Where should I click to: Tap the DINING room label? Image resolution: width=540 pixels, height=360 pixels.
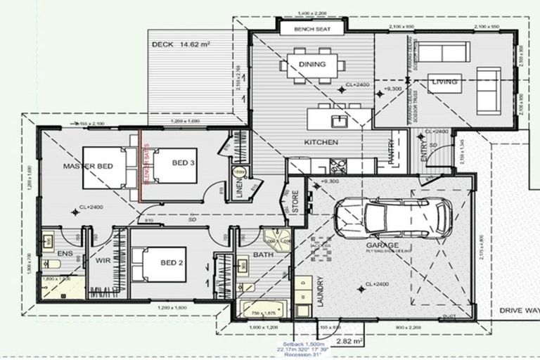[x=312, y=65]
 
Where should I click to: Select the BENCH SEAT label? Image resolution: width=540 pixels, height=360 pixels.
[x=312, y=29]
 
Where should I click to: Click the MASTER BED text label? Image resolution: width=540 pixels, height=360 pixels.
[x=88, y=166]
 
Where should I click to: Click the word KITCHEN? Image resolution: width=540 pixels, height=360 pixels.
[x=321, y=143]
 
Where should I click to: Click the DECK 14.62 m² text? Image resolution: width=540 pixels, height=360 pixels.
[x=181, y=44]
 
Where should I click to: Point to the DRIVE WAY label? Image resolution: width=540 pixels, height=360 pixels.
[x=519, y=310]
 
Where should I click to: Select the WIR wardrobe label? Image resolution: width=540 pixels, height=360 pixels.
[x=104, y=260]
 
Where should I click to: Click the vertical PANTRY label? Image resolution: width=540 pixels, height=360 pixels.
[x=392, y=153]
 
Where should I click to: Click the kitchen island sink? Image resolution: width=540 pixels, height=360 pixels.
[x=340, y=120]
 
